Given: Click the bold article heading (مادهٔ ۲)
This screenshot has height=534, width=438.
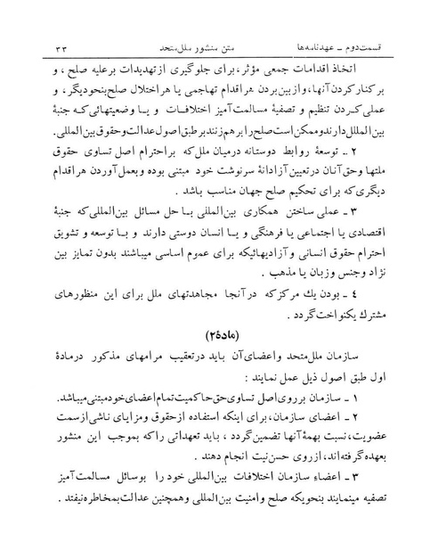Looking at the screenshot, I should [x=218, y=334].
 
